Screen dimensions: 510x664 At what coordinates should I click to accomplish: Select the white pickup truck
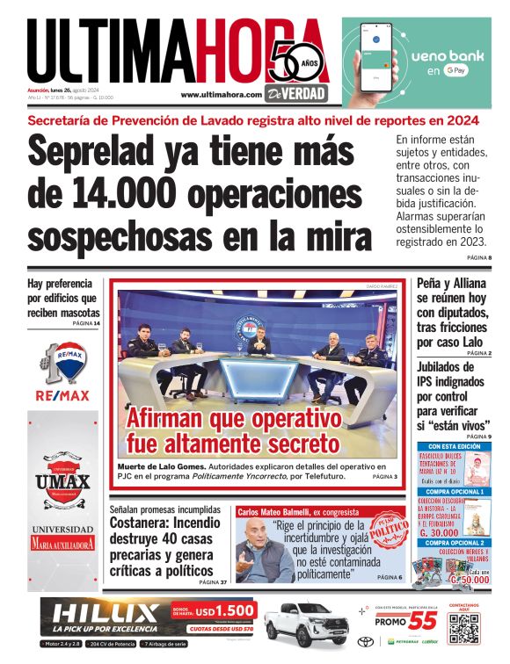pos(303,625)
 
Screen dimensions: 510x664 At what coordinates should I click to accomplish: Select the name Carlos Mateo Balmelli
pos(274,511)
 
